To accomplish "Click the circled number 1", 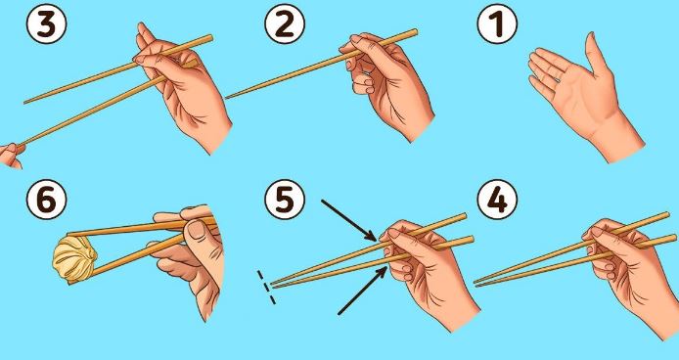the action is pos(497,23).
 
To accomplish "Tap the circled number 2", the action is pos(285,23).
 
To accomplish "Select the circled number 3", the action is pos(46,23).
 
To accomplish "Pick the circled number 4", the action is pos(497,200).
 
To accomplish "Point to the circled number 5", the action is pos(285,200).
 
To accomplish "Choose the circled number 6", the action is pos(46,200).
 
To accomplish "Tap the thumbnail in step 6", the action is pos(197,231).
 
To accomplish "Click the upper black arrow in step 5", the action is pos(349,220).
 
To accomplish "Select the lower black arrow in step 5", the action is pos(363,291).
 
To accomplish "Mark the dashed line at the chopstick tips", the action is pos(266,288).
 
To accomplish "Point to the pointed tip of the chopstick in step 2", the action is pos(226,99).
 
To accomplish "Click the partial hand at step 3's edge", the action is pos(12,156).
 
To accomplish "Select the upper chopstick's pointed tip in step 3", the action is pos(24,103).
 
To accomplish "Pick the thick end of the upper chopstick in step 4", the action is pos(667,214).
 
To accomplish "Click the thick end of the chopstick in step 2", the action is pos(415,31).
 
